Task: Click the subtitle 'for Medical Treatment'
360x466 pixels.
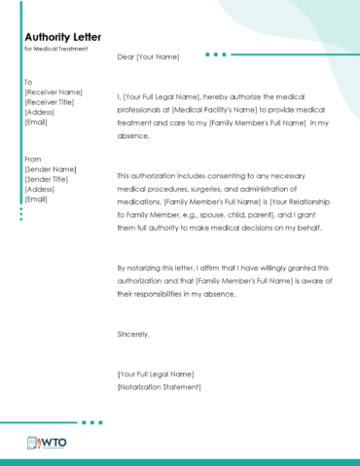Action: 55,49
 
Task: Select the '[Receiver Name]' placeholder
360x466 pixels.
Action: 53,92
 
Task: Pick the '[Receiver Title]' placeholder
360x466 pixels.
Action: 52,102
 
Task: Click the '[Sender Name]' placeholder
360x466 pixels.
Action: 50,169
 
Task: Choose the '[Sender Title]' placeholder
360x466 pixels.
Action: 49,179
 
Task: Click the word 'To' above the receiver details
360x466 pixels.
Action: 28,82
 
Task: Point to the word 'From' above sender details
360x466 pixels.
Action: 33,159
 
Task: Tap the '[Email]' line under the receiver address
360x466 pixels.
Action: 36,122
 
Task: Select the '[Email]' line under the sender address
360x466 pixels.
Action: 36,199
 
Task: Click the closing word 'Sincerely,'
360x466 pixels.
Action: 133,334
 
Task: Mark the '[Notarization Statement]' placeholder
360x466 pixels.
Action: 159,386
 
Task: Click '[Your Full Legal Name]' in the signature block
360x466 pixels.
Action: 156,374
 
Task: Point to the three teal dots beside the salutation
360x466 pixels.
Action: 216,54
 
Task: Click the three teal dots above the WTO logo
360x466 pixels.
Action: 91,422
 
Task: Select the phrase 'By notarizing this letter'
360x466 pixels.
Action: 163,267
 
